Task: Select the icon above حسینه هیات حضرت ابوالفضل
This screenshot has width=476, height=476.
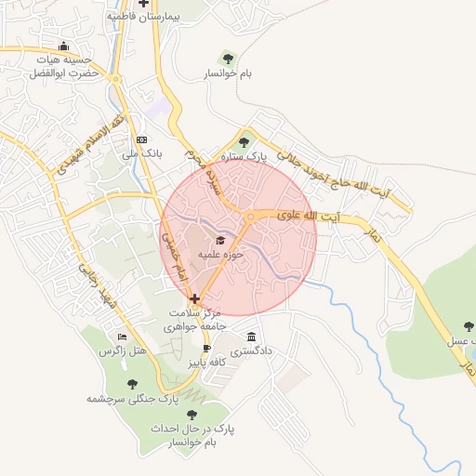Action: [x=63, y=46]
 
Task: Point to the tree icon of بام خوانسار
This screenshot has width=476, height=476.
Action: [x=228, y=59]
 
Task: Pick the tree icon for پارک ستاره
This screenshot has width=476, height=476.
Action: [x=244, y=142]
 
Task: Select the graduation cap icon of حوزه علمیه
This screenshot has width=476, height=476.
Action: [x=220, y=241]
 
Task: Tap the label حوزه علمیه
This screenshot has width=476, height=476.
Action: [x=220, y=254]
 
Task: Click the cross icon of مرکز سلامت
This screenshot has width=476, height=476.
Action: [x=194, y=299]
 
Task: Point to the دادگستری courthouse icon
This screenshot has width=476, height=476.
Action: [x=251, y=337]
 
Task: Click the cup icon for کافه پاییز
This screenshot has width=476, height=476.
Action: [x=206, y=349]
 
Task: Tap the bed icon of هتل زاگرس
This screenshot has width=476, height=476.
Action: [x=122, y=337]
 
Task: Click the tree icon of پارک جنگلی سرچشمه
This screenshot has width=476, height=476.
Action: [x=131, y=383]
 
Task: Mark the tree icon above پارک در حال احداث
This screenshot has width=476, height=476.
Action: [x=192, y=415]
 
